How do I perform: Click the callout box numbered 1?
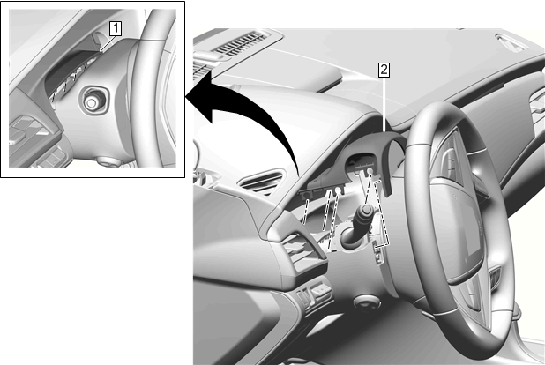[x=116, y=28]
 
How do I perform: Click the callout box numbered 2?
[x=384, y=70]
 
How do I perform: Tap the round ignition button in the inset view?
[x=92, y=102]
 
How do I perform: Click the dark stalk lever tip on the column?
[x=366, y=211]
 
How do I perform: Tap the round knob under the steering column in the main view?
[x=368, y=302]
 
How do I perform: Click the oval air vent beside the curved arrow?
[x=263, y=182]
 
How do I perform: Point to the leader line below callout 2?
[x=384, y=104]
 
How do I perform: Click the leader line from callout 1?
[x=108, y=44]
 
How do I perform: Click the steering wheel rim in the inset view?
[x=148, y=87]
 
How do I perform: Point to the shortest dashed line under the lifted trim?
[x=306, y=212]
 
